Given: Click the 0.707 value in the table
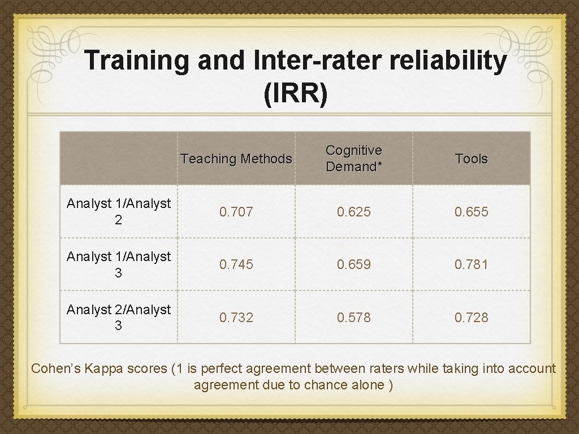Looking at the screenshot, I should click(x=236, y=212).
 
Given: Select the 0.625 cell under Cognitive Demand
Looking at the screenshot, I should click(x=354, y=212).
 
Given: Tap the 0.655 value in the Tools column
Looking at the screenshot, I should click(x=472, y=212).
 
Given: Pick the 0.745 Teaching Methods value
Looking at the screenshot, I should click(x=236, y=264).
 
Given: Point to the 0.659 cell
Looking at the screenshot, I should click(x=354, y=264).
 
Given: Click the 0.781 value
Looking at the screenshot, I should click(x=472, y=264).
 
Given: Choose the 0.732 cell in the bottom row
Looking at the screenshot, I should click(x=236, y=318).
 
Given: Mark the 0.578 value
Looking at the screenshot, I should click(x=354, y=318).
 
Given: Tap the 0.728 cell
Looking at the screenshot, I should click(x=472, y=318).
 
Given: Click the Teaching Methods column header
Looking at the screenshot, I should click(x=236, y=159).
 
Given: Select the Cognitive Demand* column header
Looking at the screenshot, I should click(x=354, y=158).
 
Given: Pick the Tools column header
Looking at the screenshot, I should click(x=472, y=159).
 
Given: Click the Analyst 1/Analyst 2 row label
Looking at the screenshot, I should click(x=118, y=212).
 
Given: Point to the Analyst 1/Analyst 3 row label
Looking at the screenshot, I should click(x=118, y=264).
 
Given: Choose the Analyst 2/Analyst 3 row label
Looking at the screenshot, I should click(x=118, y=318).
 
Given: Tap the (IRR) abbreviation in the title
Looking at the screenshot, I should click(x=295, y=94).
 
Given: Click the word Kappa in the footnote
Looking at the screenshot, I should click(x=101, y=369).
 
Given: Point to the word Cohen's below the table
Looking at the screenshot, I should click(x=55, y=369).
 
